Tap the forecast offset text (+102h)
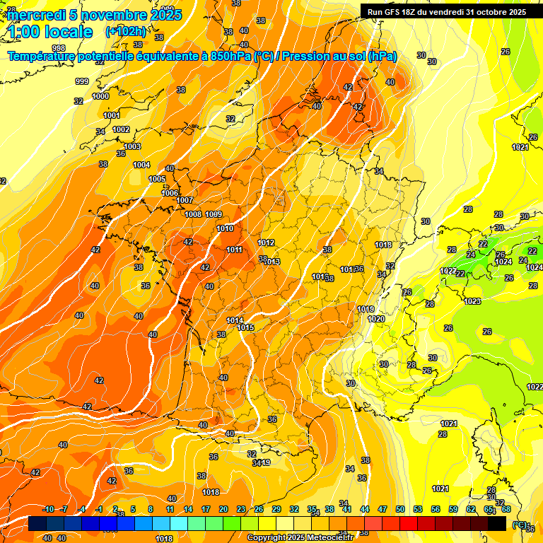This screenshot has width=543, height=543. coord(125,31)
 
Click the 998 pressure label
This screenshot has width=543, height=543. coord(59,68)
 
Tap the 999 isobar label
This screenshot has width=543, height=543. coord(82,82)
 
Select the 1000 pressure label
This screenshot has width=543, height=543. coord(100,96)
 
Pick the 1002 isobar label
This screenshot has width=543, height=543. coord(122,129)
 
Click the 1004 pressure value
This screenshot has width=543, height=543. coord(141,165)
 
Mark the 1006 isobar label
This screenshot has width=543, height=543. coord(170,193)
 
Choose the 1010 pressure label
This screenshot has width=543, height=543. coord(225,228)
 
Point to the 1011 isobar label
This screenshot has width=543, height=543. coord(235,250)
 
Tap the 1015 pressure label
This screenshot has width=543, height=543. coord(246,327)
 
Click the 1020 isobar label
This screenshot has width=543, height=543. coord(377,319)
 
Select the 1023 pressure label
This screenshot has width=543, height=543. coord(472,302)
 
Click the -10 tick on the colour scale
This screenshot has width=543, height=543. coord(48,509)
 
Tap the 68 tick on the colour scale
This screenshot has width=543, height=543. coord(506,509)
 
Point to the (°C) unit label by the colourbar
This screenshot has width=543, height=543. coord(519,525)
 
